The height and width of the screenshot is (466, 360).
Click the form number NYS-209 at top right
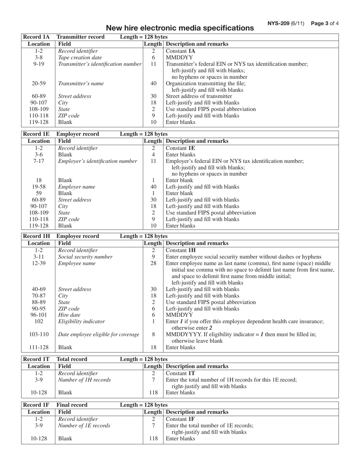point(285,23)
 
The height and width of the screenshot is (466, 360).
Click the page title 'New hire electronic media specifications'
point(180,28)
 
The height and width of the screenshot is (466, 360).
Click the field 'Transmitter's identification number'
point(100,64)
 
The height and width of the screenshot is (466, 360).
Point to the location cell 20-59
point(39,83)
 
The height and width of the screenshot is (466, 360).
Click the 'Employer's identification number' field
point(97,161)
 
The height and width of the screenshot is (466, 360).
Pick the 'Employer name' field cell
point(77,187)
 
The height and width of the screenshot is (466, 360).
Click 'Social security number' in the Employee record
point(85,257)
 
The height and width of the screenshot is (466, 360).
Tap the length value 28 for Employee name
point(153,263)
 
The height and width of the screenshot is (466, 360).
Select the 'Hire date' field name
point(69,315)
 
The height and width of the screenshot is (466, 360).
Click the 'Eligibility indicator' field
point(81,321)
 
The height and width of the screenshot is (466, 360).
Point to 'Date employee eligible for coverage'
point(99,334)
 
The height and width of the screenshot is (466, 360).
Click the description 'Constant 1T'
point(180,373)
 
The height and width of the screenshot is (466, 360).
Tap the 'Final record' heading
point(72,405)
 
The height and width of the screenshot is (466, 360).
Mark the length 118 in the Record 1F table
point(153,439)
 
